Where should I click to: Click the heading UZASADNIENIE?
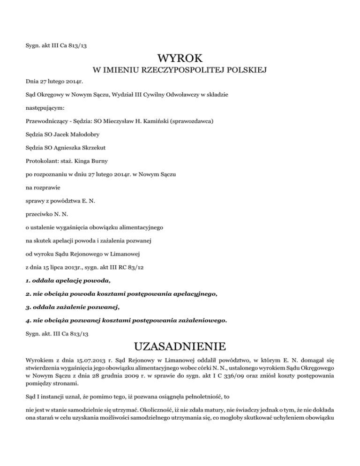pos(180,348)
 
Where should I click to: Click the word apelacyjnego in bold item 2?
pos(193,294)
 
